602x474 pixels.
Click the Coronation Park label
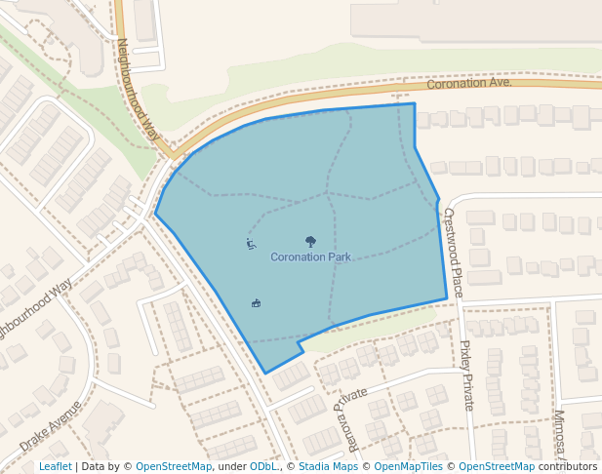tap(310, 257)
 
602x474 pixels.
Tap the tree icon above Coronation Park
tap(310, 241)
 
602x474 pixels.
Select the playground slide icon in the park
tap(251, 243)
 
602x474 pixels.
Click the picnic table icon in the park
tap(256, 303)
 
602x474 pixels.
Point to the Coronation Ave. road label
tap(469, 84)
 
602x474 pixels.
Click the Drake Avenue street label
tap(51, 425)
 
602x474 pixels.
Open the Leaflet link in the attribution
tap(55, 467)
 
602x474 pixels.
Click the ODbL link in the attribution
tap(263, 467)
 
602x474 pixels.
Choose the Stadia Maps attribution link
tap(328, 467)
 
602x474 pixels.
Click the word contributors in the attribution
tap(568, 467)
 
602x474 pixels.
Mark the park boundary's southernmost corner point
tap(265, 373)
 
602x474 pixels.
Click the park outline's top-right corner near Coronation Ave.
tap(414, 103)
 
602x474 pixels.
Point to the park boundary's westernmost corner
tap(155, 214)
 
